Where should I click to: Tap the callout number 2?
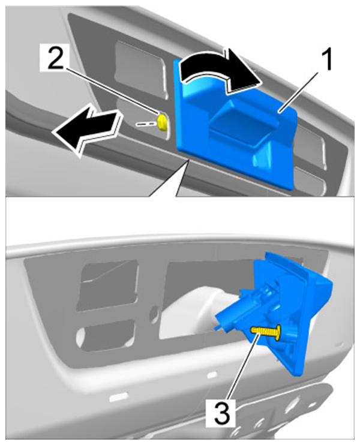pos(56,58)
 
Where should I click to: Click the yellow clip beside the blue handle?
pos(163,122)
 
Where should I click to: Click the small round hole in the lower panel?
pos(154,313)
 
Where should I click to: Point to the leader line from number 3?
pos(242,368)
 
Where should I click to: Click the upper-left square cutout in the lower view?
pos(109,286)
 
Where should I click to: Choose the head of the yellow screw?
pos(278,332)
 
